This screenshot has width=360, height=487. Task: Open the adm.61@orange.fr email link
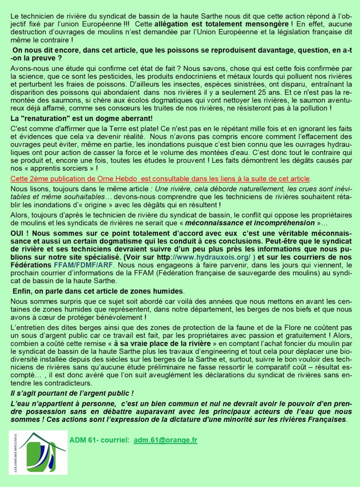click(165, 440)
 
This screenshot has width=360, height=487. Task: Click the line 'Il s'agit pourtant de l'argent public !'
click(72, 393)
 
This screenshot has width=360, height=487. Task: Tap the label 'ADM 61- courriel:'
click(99, 440)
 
